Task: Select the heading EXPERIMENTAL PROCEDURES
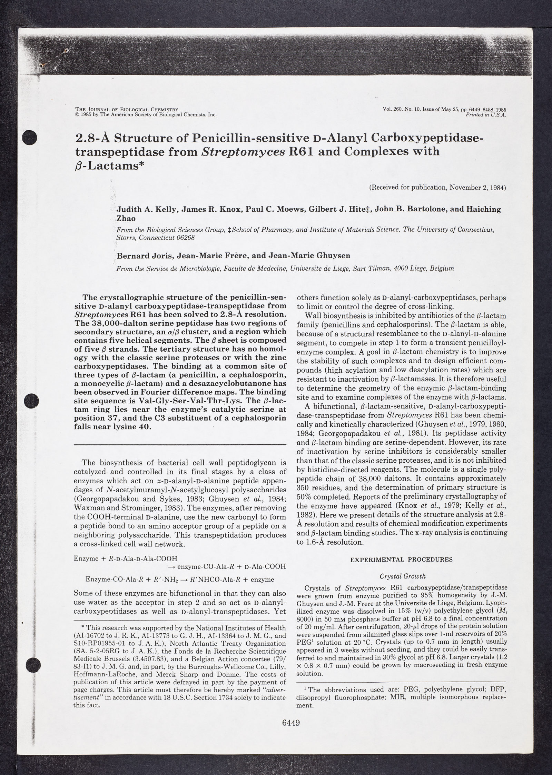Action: [x=401, y=559]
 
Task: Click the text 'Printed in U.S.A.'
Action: [x=486, y=115]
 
